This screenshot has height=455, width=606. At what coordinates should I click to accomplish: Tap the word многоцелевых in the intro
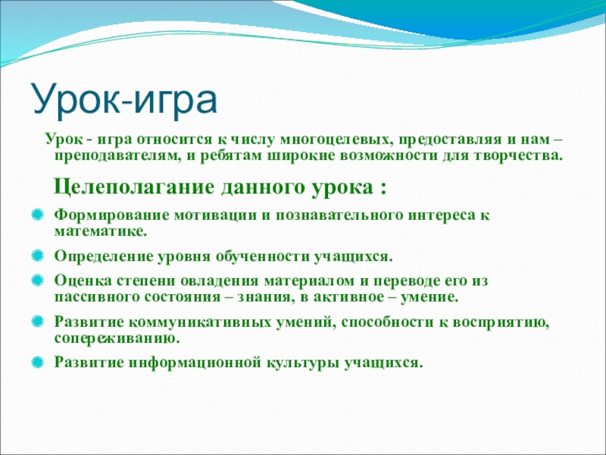coord(334,140)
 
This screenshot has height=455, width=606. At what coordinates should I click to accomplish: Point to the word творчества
coord(517,156)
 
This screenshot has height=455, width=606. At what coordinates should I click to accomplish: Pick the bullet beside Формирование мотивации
coord(37,215)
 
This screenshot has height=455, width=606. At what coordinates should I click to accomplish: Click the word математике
coord(101,232)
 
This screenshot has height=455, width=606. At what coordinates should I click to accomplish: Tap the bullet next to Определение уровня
coord(37,256)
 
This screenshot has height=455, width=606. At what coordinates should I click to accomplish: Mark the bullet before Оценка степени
coord(37,280)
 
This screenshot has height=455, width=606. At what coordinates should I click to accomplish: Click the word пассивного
coord(97,297)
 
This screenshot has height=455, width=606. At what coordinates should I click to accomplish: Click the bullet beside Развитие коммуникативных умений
coord(37,322)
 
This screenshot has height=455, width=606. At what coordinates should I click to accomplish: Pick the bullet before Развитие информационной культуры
coord(37,362)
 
